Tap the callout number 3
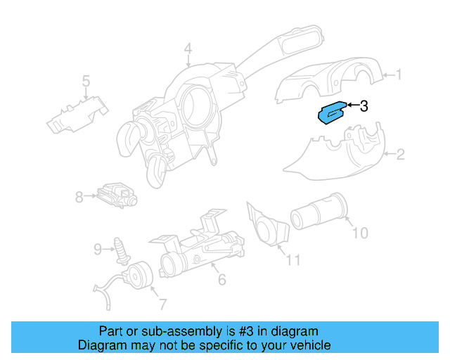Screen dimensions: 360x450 pos(364,106)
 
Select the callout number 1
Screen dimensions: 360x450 pos(399,74)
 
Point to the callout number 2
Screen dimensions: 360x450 pos(400,155)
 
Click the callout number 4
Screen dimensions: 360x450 pos(188,49)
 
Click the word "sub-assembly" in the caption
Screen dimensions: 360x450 pos(164,331)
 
